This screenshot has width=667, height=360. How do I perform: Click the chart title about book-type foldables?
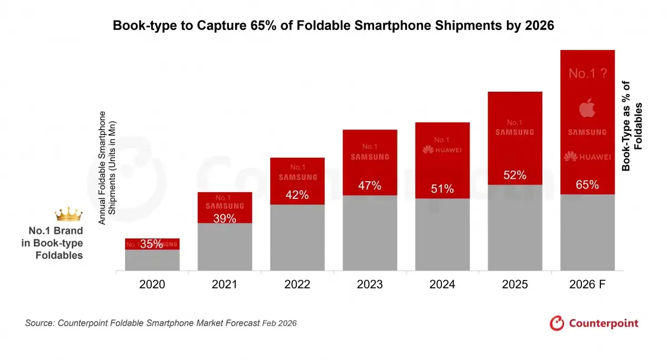coord(333,26)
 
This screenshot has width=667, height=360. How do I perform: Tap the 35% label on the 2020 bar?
coord(152,243)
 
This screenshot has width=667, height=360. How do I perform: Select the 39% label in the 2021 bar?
coord(225,218)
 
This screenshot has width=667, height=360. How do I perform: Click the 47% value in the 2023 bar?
coord(370,186)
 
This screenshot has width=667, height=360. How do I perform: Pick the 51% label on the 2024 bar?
coord(442,189)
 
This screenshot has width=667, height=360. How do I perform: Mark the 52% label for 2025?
coord(515,175)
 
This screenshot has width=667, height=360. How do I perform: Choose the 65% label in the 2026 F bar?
coord(587,184)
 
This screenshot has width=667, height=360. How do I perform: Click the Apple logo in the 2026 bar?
coord(587,108)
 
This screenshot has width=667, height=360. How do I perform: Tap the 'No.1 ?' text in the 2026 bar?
coord(587,73)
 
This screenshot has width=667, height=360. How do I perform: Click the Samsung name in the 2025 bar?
coord(515,132)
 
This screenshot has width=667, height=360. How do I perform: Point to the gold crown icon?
coord(68,214)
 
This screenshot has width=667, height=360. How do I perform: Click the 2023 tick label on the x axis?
coord(370,284)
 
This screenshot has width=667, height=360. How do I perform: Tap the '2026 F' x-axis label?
coord(587,284)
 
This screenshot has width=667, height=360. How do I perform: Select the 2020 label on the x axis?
coord(152,284)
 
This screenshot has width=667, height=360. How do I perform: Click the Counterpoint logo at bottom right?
coord(594,323)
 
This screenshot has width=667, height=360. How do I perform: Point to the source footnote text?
coord(161,323)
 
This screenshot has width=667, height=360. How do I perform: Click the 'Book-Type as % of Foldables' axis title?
coord(632,126)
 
